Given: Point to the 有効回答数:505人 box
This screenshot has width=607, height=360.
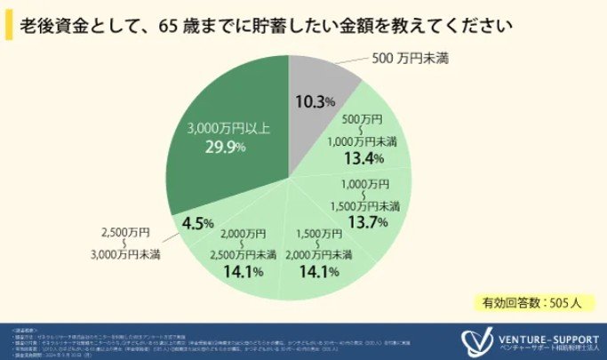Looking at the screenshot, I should click(x=526, y=302).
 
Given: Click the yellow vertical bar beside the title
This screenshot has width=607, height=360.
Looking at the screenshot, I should click(x=9, y=25).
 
